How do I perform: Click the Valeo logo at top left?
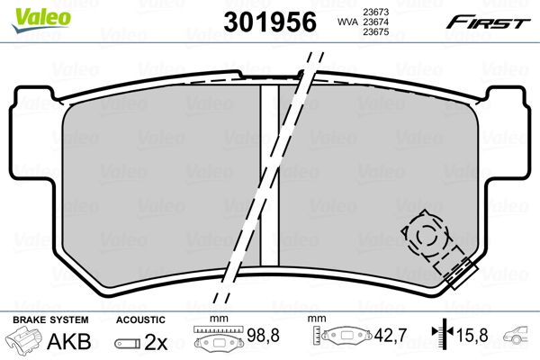(x=41, y=19)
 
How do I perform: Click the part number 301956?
(x=270, y=22)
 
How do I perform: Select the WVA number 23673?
(x=376, y=12)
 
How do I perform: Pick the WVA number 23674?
(x=376, y=22)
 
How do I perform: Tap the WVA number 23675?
(x=376, y=32)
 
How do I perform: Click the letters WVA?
(x=348, y=22)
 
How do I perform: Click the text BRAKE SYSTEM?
(x=50, y=319)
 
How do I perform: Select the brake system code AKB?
(x=69, y=341)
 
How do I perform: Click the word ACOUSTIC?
(x=140, y=319)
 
